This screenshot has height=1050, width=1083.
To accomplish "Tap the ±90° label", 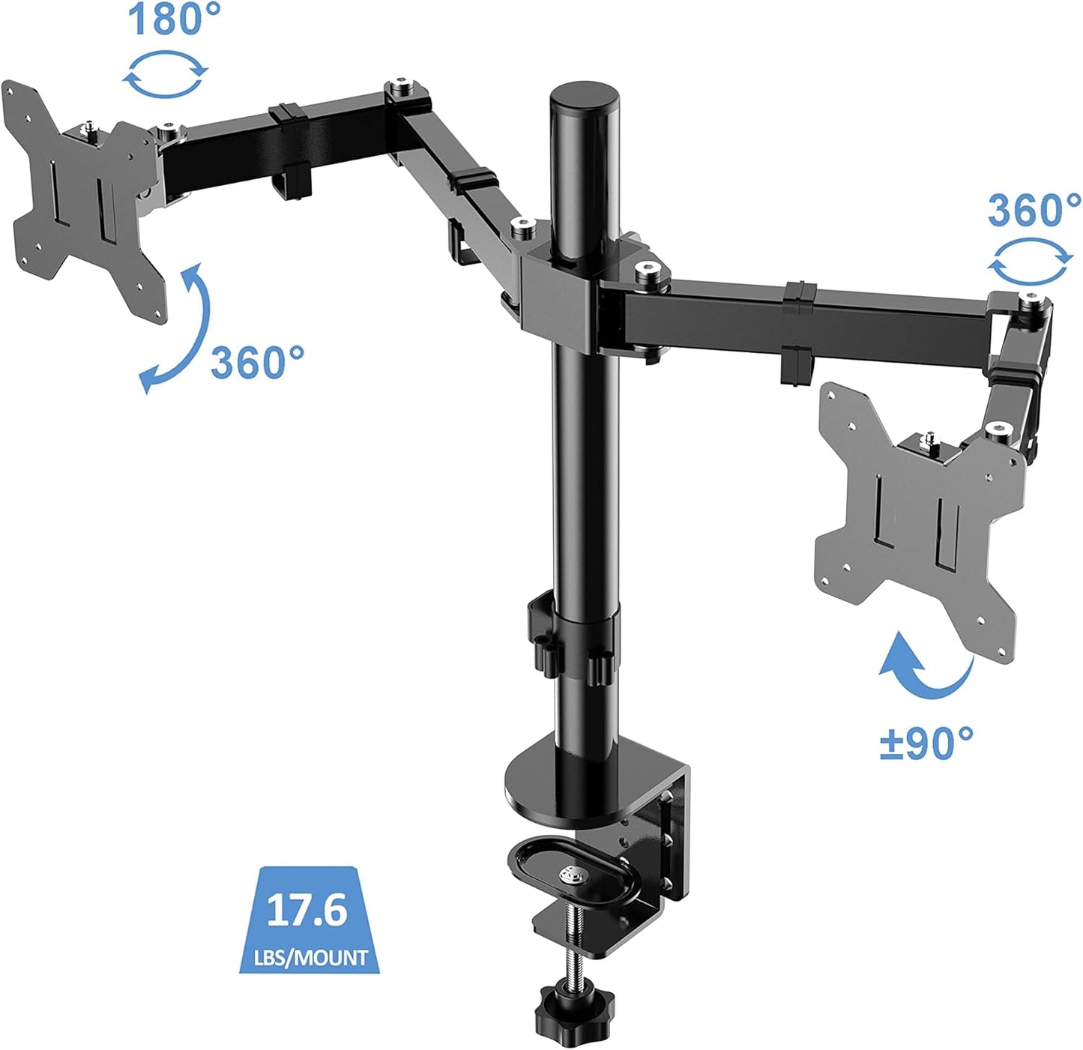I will tap(927, 743).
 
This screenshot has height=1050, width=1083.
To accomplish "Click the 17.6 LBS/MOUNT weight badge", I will tap(310, 921).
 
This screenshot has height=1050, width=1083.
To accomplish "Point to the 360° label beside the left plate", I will tap(257, 363).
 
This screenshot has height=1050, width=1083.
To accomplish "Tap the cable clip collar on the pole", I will tap(573, 637).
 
